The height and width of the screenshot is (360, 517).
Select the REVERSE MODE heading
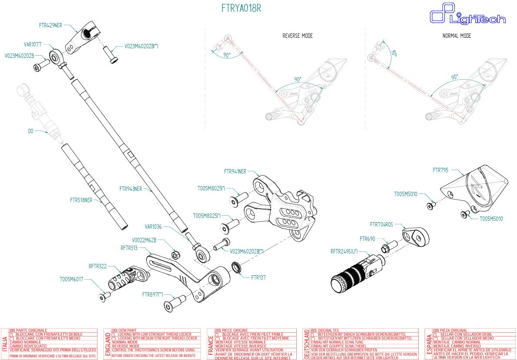pyautogui.click(x=297, y=36)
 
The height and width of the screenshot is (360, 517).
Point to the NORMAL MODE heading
pyautogui.click(x=457, y=36)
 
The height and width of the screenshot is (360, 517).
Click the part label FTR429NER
pyautogui.click(x=50, y=25)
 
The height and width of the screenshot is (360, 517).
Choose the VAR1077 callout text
pyautogui.click(x=33, y=44)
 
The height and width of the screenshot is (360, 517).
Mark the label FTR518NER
pyautogui.click(x=81, y=200)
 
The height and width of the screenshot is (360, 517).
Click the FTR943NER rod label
pyautogui.click(x=131, y=189)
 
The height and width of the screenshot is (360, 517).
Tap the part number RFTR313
pyautogui.click(x=129, y=248)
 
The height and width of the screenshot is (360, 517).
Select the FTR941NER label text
pyautogui.click(x=235, y=171)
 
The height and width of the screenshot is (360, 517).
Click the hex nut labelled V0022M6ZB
pyautogui.click(x=176, y=254)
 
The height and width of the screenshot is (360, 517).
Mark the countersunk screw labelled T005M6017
pyautogui.click(x=103, y=297)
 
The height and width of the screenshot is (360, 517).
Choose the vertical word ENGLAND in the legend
pyautogui.click(x=108, y=343)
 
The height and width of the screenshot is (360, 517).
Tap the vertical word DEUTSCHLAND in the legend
pyautogui.click(x=307, y=343)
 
